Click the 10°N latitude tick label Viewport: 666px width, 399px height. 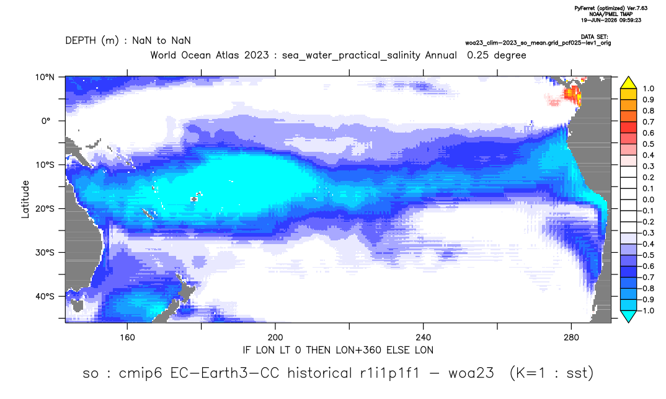tap(45, 77)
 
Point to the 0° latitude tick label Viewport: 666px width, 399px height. tap(47, 121)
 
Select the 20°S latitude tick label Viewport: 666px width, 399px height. tap(45, 209)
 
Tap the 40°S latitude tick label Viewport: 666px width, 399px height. tap(45, 296)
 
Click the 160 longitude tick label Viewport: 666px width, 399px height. tap(127, 338)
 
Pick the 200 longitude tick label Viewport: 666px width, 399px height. tap(275, 338)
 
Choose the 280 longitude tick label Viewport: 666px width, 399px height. tap(571, 338)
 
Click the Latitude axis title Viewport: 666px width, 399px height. tap(25, 199)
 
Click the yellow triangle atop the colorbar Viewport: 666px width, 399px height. tap(628, 83)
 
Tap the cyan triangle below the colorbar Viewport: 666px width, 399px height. tap(628, 316)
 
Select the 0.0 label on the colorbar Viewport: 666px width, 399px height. tap(648, 199)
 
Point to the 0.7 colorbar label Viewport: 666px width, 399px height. tap(648, 122)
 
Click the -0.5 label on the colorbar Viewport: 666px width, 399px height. tap(646, 255)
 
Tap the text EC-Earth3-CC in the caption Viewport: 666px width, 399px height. tap(224, 373)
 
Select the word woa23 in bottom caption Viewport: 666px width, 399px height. tap(471, 373)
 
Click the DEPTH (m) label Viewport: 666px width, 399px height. tap(92, 41)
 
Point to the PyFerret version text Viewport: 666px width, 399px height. tap(611, 8)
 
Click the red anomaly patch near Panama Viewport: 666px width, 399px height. tap(572, 95)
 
